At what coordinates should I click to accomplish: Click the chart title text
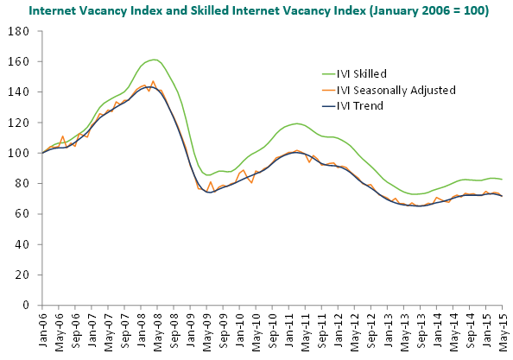[x=258, y=10]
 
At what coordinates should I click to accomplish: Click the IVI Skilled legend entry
[x=354, y=73]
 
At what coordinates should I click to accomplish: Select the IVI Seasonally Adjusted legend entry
[x=389, y=90]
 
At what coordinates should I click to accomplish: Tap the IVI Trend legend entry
[x=352, y=105]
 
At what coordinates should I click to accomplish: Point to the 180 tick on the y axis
[x=18, y=31]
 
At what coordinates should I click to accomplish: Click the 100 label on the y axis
[x=18, y=153]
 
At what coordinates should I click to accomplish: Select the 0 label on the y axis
[x=26, y=305]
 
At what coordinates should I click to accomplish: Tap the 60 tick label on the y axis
[x=22, y=214]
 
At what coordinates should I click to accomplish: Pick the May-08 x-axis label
[x=157, y=331]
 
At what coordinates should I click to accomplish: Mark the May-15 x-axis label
[x=503, y=331]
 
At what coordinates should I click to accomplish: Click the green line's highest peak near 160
[x=154, y=60]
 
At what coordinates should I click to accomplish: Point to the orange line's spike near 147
[x=153, y=81]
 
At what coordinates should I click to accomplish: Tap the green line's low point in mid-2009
[x=206, y=175]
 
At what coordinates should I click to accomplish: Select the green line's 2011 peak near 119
[x=297, y=123]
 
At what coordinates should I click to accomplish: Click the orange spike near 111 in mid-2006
[x=62, y=136]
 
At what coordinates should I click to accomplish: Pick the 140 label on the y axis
[x=18, y=92]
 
